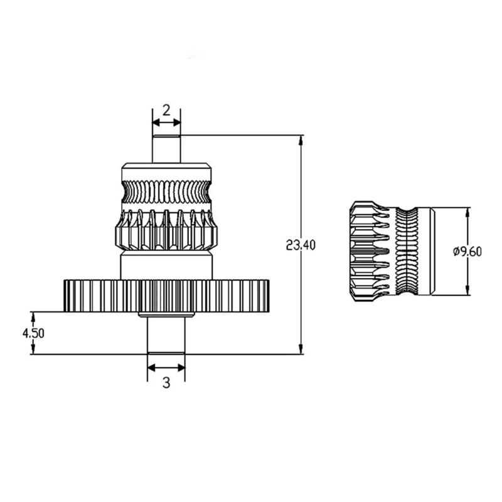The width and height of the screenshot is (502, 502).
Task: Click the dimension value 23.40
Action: tap(300, 245)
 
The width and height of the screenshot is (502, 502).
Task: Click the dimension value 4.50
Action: tap(33, 333)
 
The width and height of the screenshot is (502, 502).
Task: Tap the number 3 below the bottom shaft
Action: tap(166, 382)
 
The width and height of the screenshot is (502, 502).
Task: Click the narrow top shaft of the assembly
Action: tap(166, 149)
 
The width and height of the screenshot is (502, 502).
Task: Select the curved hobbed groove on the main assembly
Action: tap(166, 192)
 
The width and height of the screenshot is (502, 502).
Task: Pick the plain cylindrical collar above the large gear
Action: tap(166, 266)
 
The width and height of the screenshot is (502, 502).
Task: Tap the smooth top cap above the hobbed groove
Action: tap(166, 171)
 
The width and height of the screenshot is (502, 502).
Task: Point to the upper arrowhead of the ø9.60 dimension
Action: tap(467, 212)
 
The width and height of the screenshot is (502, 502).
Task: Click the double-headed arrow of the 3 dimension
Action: tap(166, 368)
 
